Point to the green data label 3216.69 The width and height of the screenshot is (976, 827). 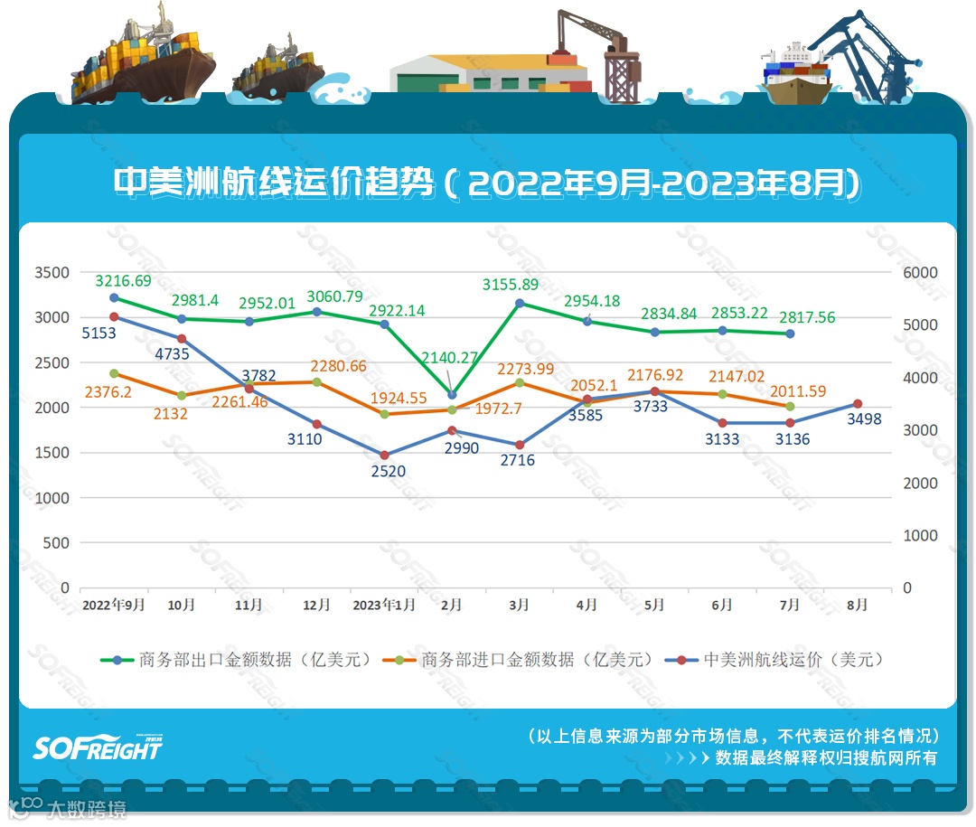click(124, 281)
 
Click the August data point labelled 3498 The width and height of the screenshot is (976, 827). click(858, 404)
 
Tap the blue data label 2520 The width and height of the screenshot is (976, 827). click(388, 471)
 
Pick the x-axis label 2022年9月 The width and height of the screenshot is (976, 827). click(113, 606)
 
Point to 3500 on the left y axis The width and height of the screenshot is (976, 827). click(51, 273)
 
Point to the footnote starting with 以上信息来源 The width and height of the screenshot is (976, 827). click(733, 736)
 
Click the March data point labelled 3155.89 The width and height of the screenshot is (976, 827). click(520, 304)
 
